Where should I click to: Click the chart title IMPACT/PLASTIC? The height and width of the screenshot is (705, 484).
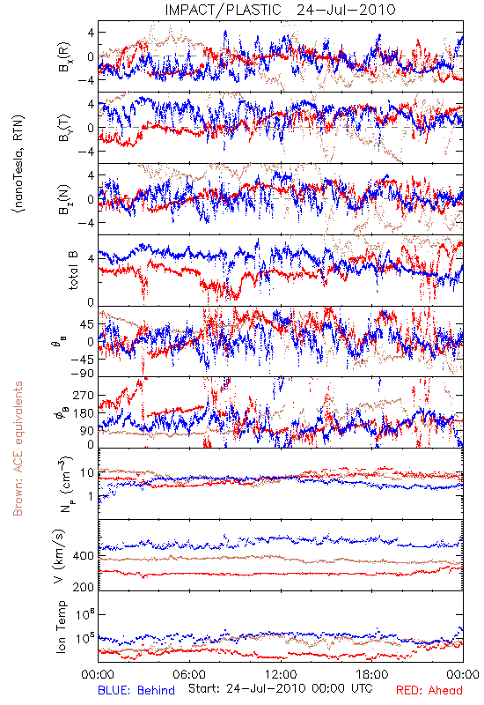[223, 10]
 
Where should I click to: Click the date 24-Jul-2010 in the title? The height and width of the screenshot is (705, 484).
[346, 10]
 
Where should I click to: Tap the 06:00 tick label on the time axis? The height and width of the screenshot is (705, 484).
[189, 674]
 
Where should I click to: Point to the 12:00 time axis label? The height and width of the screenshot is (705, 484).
[281, 674]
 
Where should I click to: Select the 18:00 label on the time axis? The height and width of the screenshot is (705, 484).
[372, 674]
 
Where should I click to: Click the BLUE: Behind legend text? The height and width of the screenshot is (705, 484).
[136, 690]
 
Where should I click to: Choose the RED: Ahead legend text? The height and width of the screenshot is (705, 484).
[429, 690]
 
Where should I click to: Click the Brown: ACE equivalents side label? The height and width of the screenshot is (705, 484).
[18, 449]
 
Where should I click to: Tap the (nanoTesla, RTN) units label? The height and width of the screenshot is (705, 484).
[18, 163]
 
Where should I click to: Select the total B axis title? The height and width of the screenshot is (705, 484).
[73, 271]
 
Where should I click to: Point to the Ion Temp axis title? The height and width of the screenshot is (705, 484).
[61, 627]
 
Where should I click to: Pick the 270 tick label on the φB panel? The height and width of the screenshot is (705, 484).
[84, 395]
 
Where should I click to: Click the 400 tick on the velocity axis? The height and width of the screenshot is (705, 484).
[84, 556]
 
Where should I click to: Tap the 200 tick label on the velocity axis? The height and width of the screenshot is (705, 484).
[84, 587]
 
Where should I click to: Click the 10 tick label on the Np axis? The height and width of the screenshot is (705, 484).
[87, 472]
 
